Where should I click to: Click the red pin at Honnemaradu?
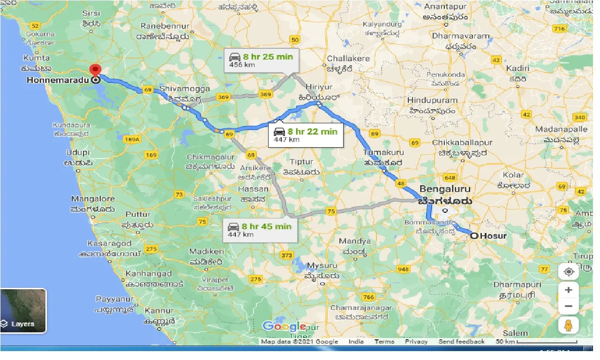[x=96, y=70]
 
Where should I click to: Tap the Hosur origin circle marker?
[x=474, y=236]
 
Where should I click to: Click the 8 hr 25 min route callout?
[x=261, y=60]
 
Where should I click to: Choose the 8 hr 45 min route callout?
[x=260, y=230]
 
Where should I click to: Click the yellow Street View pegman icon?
[x=569, y=325]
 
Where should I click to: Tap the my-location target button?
[x=569, y=272]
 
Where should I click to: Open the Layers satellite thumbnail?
[x=23, y=310]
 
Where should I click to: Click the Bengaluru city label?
[x=444, y=189]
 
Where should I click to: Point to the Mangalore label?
[x=93, y=199]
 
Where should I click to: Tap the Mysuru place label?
[x=321, y=266]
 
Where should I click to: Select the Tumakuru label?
[x=383, y=153]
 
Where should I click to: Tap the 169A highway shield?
[x=133, y=139]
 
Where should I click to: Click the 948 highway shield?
[x=403, y=269]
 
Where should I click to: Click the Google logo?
[x=284, y=326]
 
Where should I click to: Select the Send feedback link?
[x=461, y=342]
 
